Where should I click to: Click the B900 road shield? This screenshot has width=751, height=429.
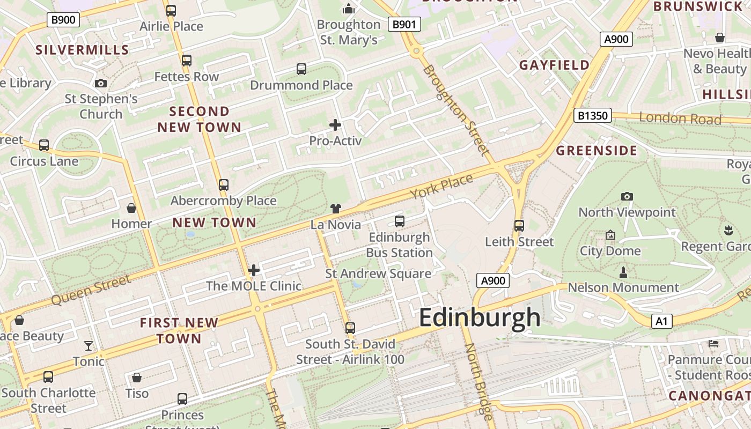coord(63,20)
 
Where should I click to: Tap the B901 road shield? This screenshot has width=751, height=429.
coord(404,24)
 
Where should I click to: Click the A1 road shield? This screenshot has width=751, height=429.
coord(661,321)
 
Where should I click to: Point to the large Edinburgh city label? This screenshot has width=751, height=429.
coord(480,317)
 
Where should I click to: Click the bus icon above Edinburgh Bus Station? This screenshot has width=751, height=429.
coord(399,221)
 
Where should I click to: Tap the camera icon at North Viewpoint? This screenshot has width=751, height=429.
coord(627,197)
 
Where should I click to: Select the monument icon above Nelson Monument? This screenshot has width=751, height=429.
coord(623,272)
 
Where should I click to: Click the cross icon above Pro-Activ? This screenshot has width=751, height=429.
coord(335,125)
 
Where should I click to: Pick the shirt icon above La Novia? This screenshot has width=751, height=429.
coord(336,209)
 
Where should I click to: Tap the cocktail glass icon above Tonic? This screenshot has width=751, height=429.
coord(89,346)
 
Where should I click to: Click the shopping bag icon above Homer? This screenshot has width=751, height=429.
coord(131,208)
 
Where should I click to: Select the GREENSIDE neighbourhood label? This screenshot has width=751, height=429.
coord(597,151)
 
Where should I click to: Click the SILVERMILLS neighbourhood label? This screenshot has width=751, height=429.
coord(82,50)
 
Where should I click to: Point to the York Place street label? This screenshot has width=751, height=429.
coord(442,186)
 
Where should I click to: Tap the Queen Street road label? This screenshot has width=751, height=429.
coord(91,290)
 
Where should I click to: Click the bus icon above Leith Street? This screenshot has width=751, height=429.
coord(519,226)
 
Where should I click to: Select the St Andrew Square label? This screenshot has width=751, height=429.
coord(378,274)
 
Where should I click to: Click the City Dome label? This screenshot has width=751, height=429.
coord(610,251)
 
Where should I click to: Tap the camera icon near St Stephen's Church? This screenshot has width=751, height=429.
coord(100,83)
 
